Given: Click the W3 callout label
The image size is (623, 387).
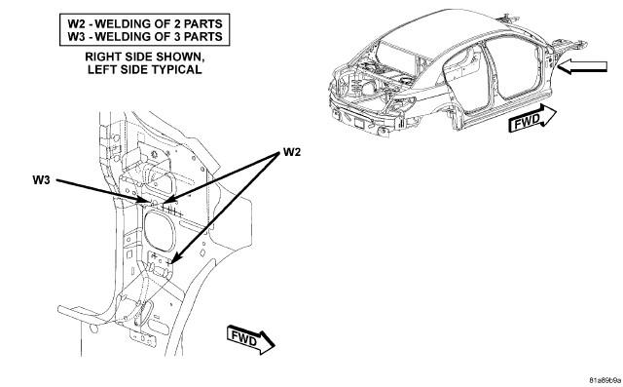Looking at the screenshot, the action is coord(41,180).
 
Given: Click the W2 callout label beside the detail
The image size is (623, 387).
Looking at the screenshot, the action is coord(292,152).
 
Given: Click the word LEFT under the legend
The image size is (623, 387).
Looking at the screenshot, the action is coord(100,69).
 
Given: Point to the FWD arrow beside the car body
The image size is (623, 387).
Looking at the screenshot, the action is coord(532,117).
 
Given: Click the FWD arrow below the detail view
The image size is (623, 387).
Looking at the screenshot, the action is coord(251,340).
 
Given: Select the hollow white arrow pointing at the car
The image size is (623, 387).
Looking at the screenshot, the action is coord(582,66).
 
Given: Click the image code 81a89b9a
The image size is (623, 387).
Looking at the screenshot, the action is coord(605,379).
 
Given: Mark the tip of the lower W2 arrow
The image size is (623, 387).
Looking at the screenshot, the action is coord(171,263).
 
